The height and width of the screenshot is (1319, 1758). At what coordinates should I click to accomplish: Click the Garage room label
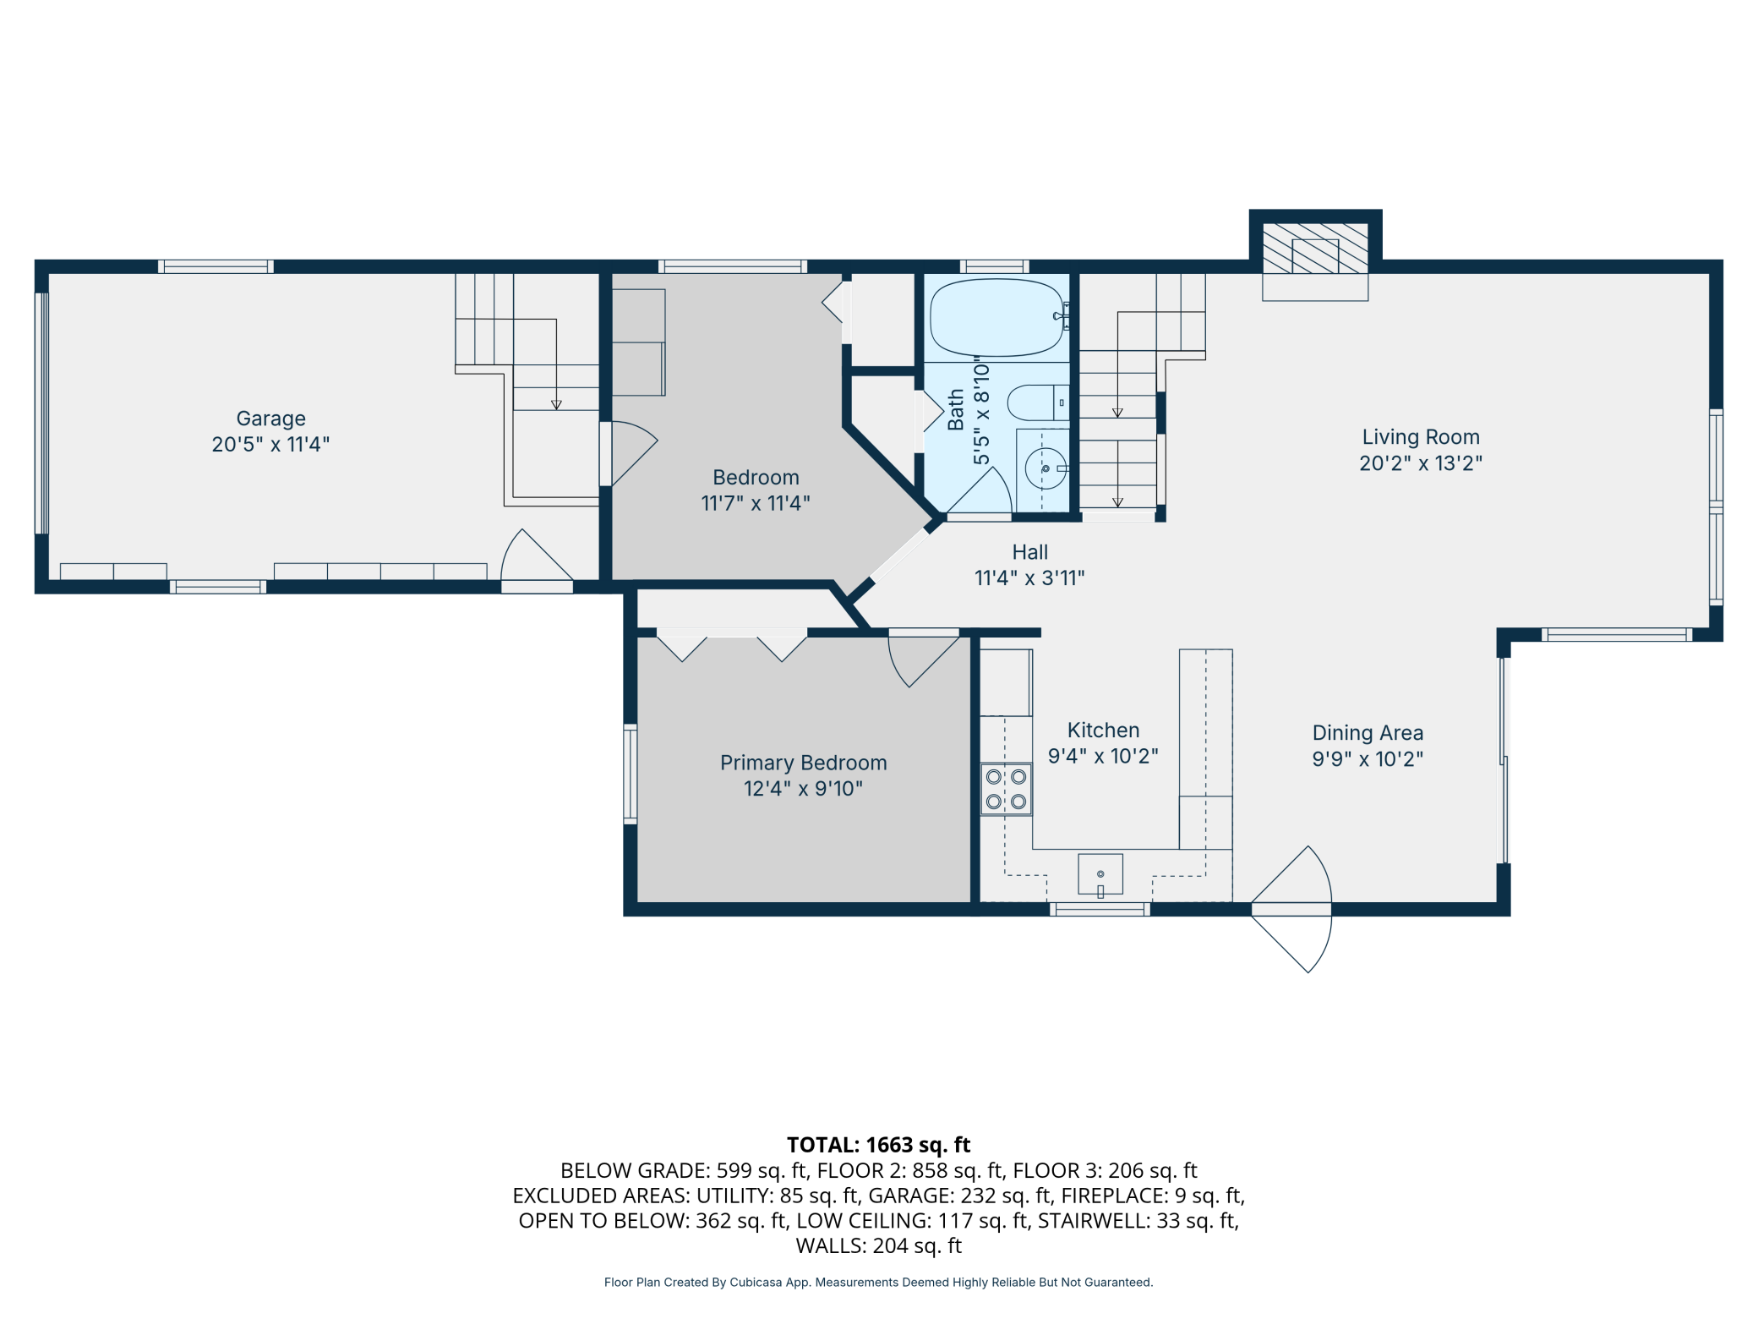click(x=270, y=419)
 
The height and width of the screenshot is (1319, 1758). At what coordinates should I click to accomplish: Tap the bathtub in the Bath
click(x=997, y=317)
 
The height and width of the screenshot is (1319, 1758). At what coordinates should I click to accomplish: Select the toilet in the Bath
click(x=1039, y=402)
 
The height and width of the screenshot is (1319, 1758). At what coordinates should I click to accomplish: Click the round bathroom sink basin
click(x=1046, y=468)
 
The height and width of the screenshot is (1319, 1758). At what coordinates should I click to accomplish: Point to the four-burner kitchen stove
click(x=1006, y=789)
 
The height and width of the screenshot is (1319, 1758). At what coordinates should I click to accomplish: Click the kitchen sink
click(x=1100, y=874)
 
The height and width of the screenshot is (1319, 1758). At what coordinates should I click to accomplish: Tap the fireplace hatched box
click(x=1315, y=248)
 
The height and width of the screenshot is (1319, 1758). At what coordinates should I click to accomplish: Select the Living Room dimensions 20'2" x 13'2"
click(x=1421, y=463)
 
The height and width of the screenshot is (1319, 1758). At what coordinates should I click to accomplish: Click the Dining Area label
click(x=1368, y=733)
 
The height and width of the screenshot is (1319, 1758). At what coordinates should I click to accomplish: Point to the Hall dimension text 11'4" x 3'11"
click(x=1029, y=578)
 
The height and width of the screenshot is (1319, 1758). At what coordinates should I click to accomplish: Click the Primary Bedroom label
click(x=803, y=763)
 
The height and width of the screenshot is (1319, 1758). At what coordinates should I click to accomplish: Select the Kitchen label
click(x=1103, y=731)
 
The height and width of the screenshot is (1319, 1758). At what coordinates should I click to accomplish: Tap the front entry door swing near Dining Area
click(x=1291, y=909)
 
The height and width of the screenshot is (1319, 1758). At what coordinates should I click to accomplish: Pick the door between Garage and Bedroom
click(x=629, y=454)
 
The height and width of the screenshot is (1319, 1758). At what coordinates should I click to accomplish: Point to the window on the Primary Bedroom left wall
click(x=630, y=774)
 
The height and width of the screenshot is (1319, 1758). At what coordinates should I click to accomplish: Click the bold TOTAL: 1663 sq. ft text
click(x=878, y=1145)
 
